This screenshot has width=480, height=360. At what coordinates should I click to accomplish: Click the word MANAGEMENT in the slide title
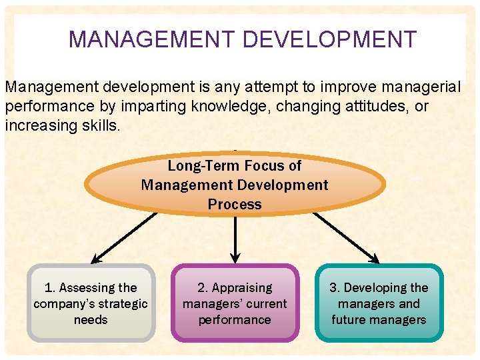(x=153, y=40)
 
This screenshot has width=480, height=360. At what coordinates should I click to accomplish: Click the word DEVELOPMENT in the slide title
(x=329, y=40)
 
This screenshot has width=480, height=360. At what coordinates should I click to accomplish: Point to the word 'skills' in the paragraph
(x=100, y=125)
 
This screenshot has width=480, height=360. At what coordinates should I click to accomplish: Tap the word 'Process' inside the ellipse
(x=235, y=205)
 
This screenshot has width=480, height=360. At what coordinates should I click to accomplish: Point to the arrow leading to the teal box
(x=347, y=237)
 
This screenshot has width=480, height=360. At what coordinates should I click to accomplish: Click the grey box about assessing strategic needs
(x=91, y=303)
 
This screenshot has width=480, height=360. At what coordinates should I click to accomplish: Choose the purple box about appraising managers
(x=235, y=303)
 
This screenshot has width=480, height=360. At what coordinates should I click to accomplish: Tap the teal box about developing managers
(x=379, y=303)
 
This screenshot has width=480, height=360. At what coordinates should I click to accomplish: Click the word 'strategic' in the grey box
(x=121, y=304)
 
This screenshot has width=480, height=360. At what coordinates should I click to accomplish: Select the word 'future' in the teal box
(x=350, y=320)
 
